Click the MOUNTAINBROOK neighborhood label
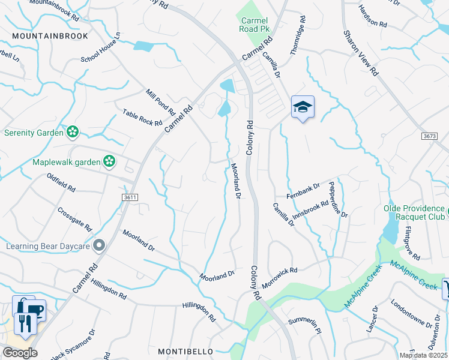50,36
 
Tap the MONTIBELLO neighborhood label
186,350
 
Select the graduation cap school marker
303,107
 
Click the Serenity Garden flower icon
73,131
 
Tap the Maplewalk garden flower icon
109,160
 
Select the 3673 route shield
429,137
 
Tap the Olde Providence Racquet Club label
415,213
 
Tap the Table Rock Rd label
142,118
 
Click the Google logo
19,353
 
